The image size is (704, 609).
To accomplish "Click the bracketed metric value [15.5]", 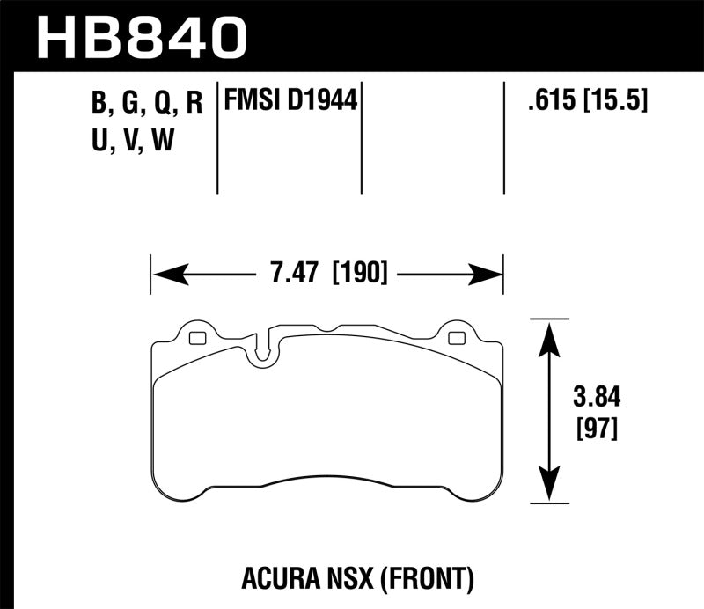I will (616, 101).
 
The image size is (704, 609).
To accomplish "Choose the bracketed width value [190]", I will (359, 274).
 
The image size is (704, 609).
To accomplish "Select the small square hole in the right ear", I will (457, 338).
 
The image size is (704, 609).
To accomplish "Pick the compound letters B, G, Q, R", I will (147, 103).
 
